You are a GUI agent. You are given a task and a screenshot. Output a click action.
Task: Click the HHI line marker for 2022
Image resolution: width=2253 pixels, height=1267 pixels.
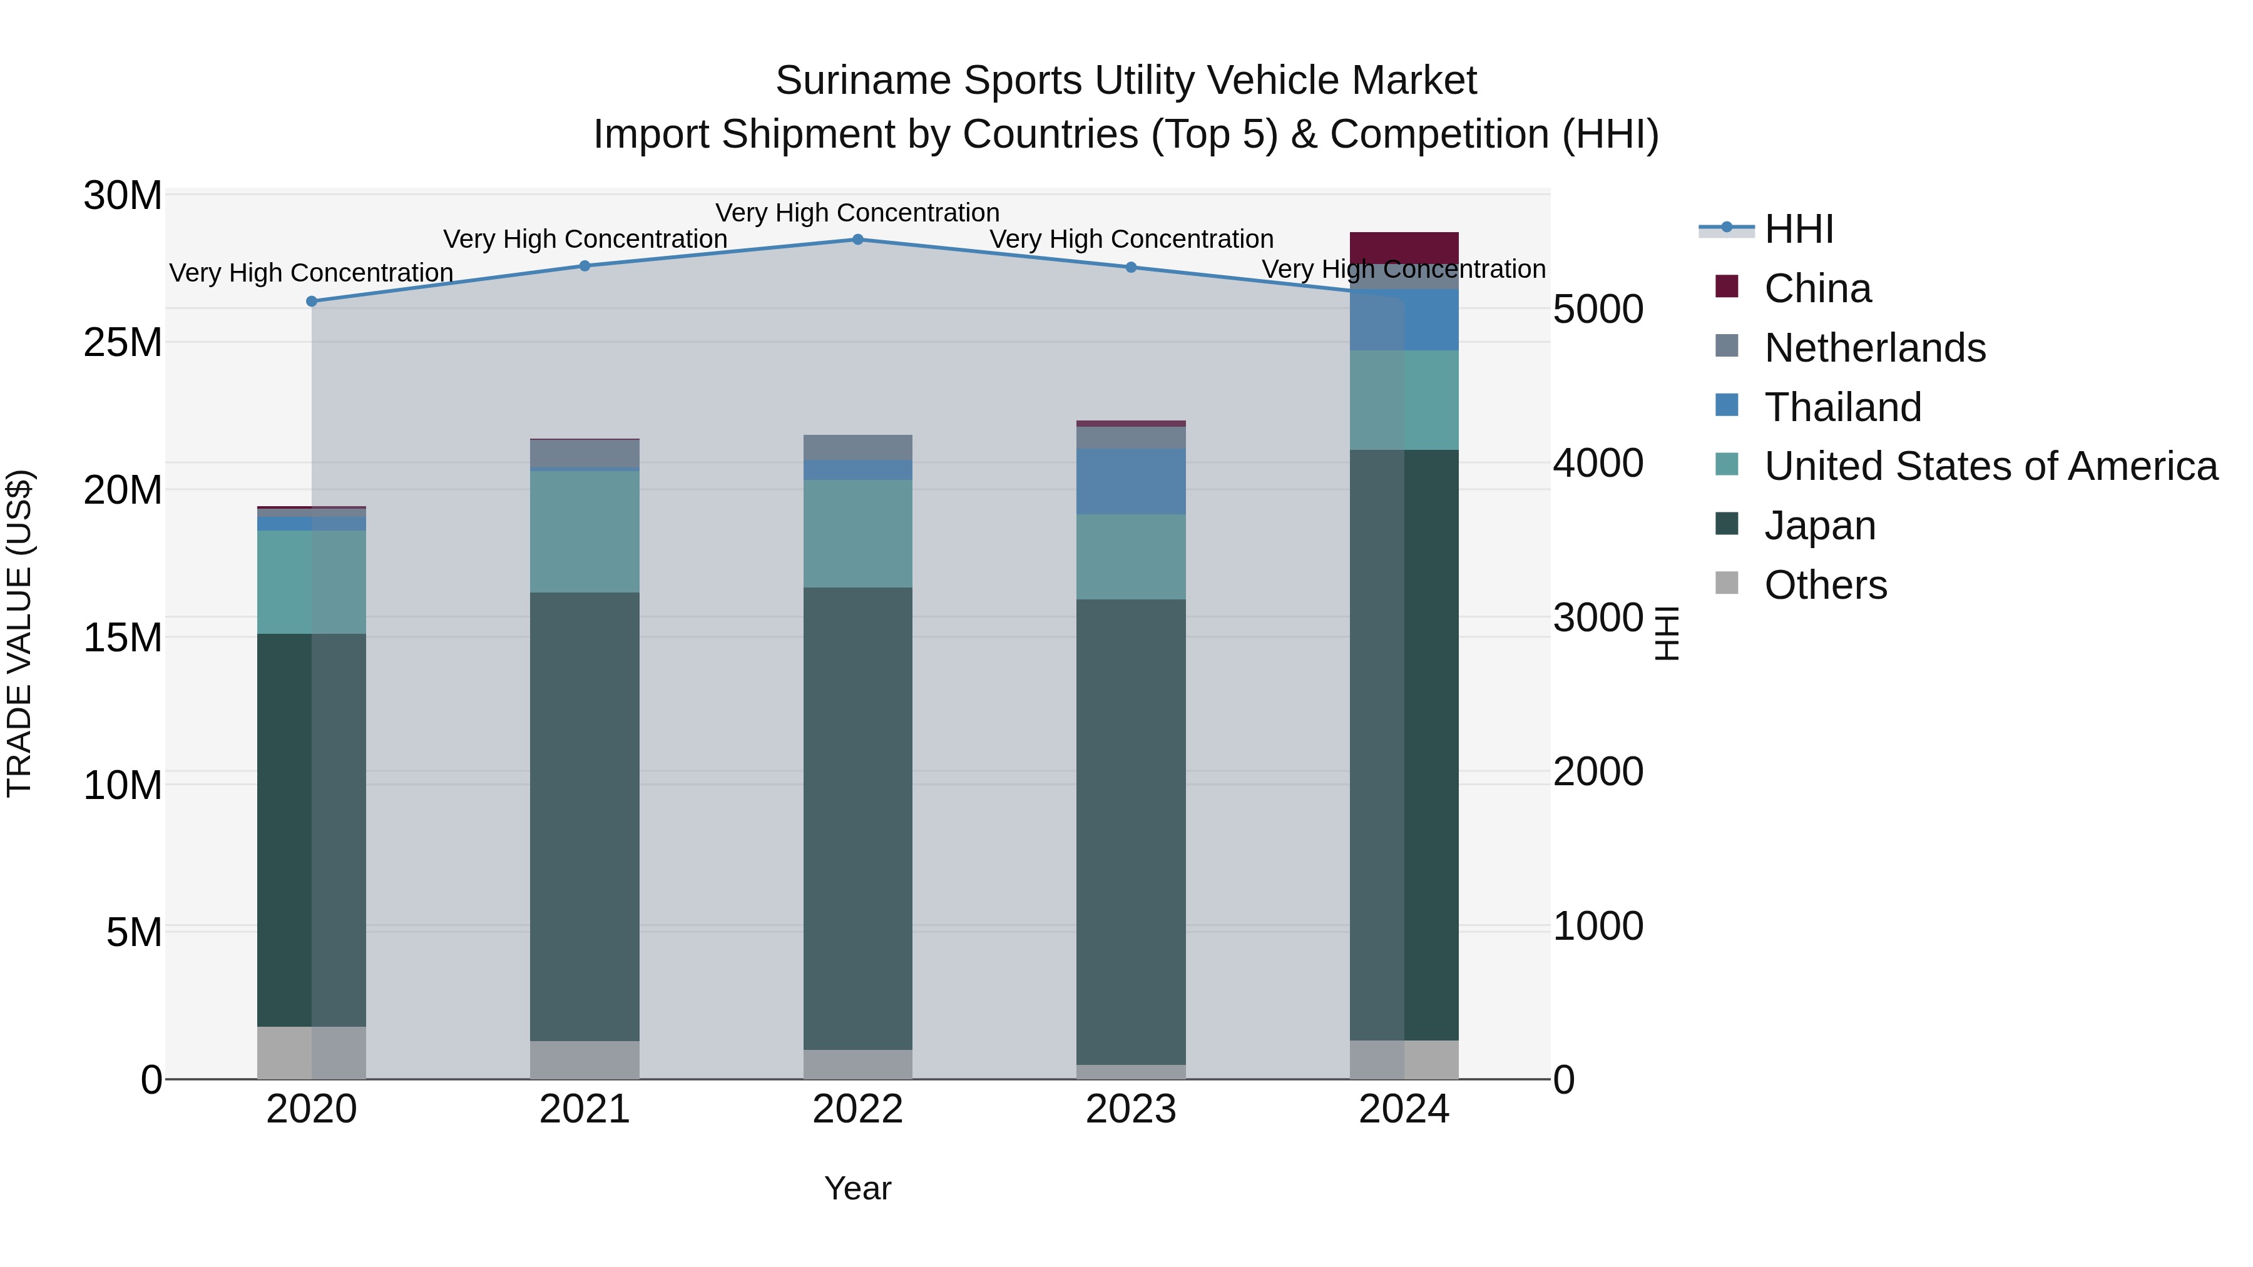click(x=857, y=240)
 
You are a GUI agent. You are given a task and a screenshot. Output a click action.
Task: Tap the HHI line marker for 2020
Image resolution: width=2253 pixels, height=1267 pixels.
click(x=312, y=301)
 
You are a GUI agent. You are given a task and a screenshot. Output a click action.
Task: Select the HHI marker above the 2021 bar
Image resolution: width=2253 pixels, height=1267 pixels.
click(x=585, y=266)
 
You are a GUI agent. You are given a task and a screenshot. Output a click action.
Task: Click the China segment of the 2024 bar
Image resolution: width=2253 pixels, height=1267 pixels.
click(x=1404, y=247)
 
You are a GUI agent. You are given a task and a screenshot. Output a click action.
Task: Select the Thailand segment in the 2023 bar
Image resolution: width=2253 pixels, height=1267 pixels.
click(x=1131, y=481)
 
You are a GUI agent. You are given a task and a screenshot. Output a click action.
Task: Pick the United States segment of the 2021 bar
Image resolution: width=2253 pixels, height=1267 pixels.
click(x=585, y=532)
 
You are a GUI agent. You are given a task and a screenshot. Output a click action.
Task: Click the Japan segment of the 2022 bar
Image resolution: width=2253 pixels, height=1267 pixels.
click(x=857, y=818)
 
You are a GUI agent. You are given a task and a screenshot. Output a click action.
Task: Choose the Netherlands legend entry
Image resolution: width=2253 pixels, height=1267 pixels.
click(x=1874, y=348)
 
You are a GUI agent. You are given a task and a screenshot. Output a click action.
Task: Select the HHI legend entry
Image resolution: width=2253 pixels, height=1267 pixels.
click(x=1798, y=229)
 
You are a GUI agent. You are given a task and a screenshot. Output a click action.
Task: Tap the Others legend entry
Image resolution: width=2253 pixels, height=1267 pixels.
click(x=1826, y=585)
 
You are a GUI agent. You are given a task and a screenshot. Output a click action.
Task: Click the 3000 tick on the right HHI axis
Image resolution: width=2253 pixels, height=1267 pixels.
click(x=1598, y=618)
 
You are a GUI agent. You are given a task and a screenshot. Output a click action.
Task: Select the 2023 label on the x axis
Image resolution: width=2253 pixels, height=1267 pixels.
click(x=1131, y=1109)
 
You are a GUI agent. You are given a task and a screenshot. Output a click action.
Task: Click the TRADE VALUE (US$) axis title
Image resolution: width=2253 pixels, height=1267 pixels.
click(x=20, y=633)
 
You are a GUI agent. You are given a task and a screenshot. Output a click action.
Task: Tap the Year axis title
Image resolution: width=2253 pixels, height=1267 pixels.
click(x=857, y=1188)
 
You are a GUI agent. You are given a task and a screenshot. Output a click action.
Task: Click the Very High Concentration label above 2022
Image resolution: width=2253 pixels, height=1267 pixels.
click(x=857, y=213)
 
